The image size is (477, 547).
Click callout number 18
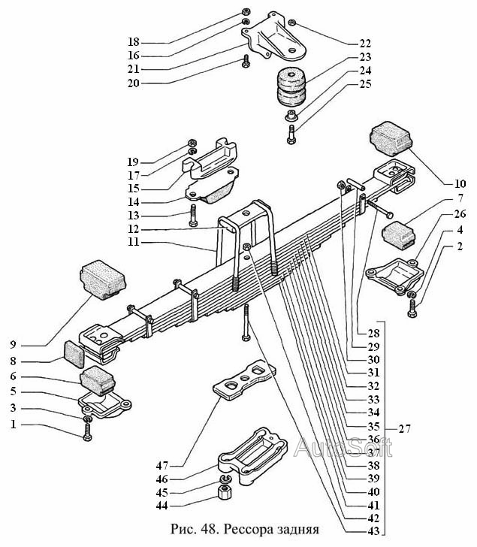133,41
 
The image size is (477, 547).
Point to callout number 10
460,183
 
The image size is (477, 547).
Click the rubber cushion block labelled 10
391,139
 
